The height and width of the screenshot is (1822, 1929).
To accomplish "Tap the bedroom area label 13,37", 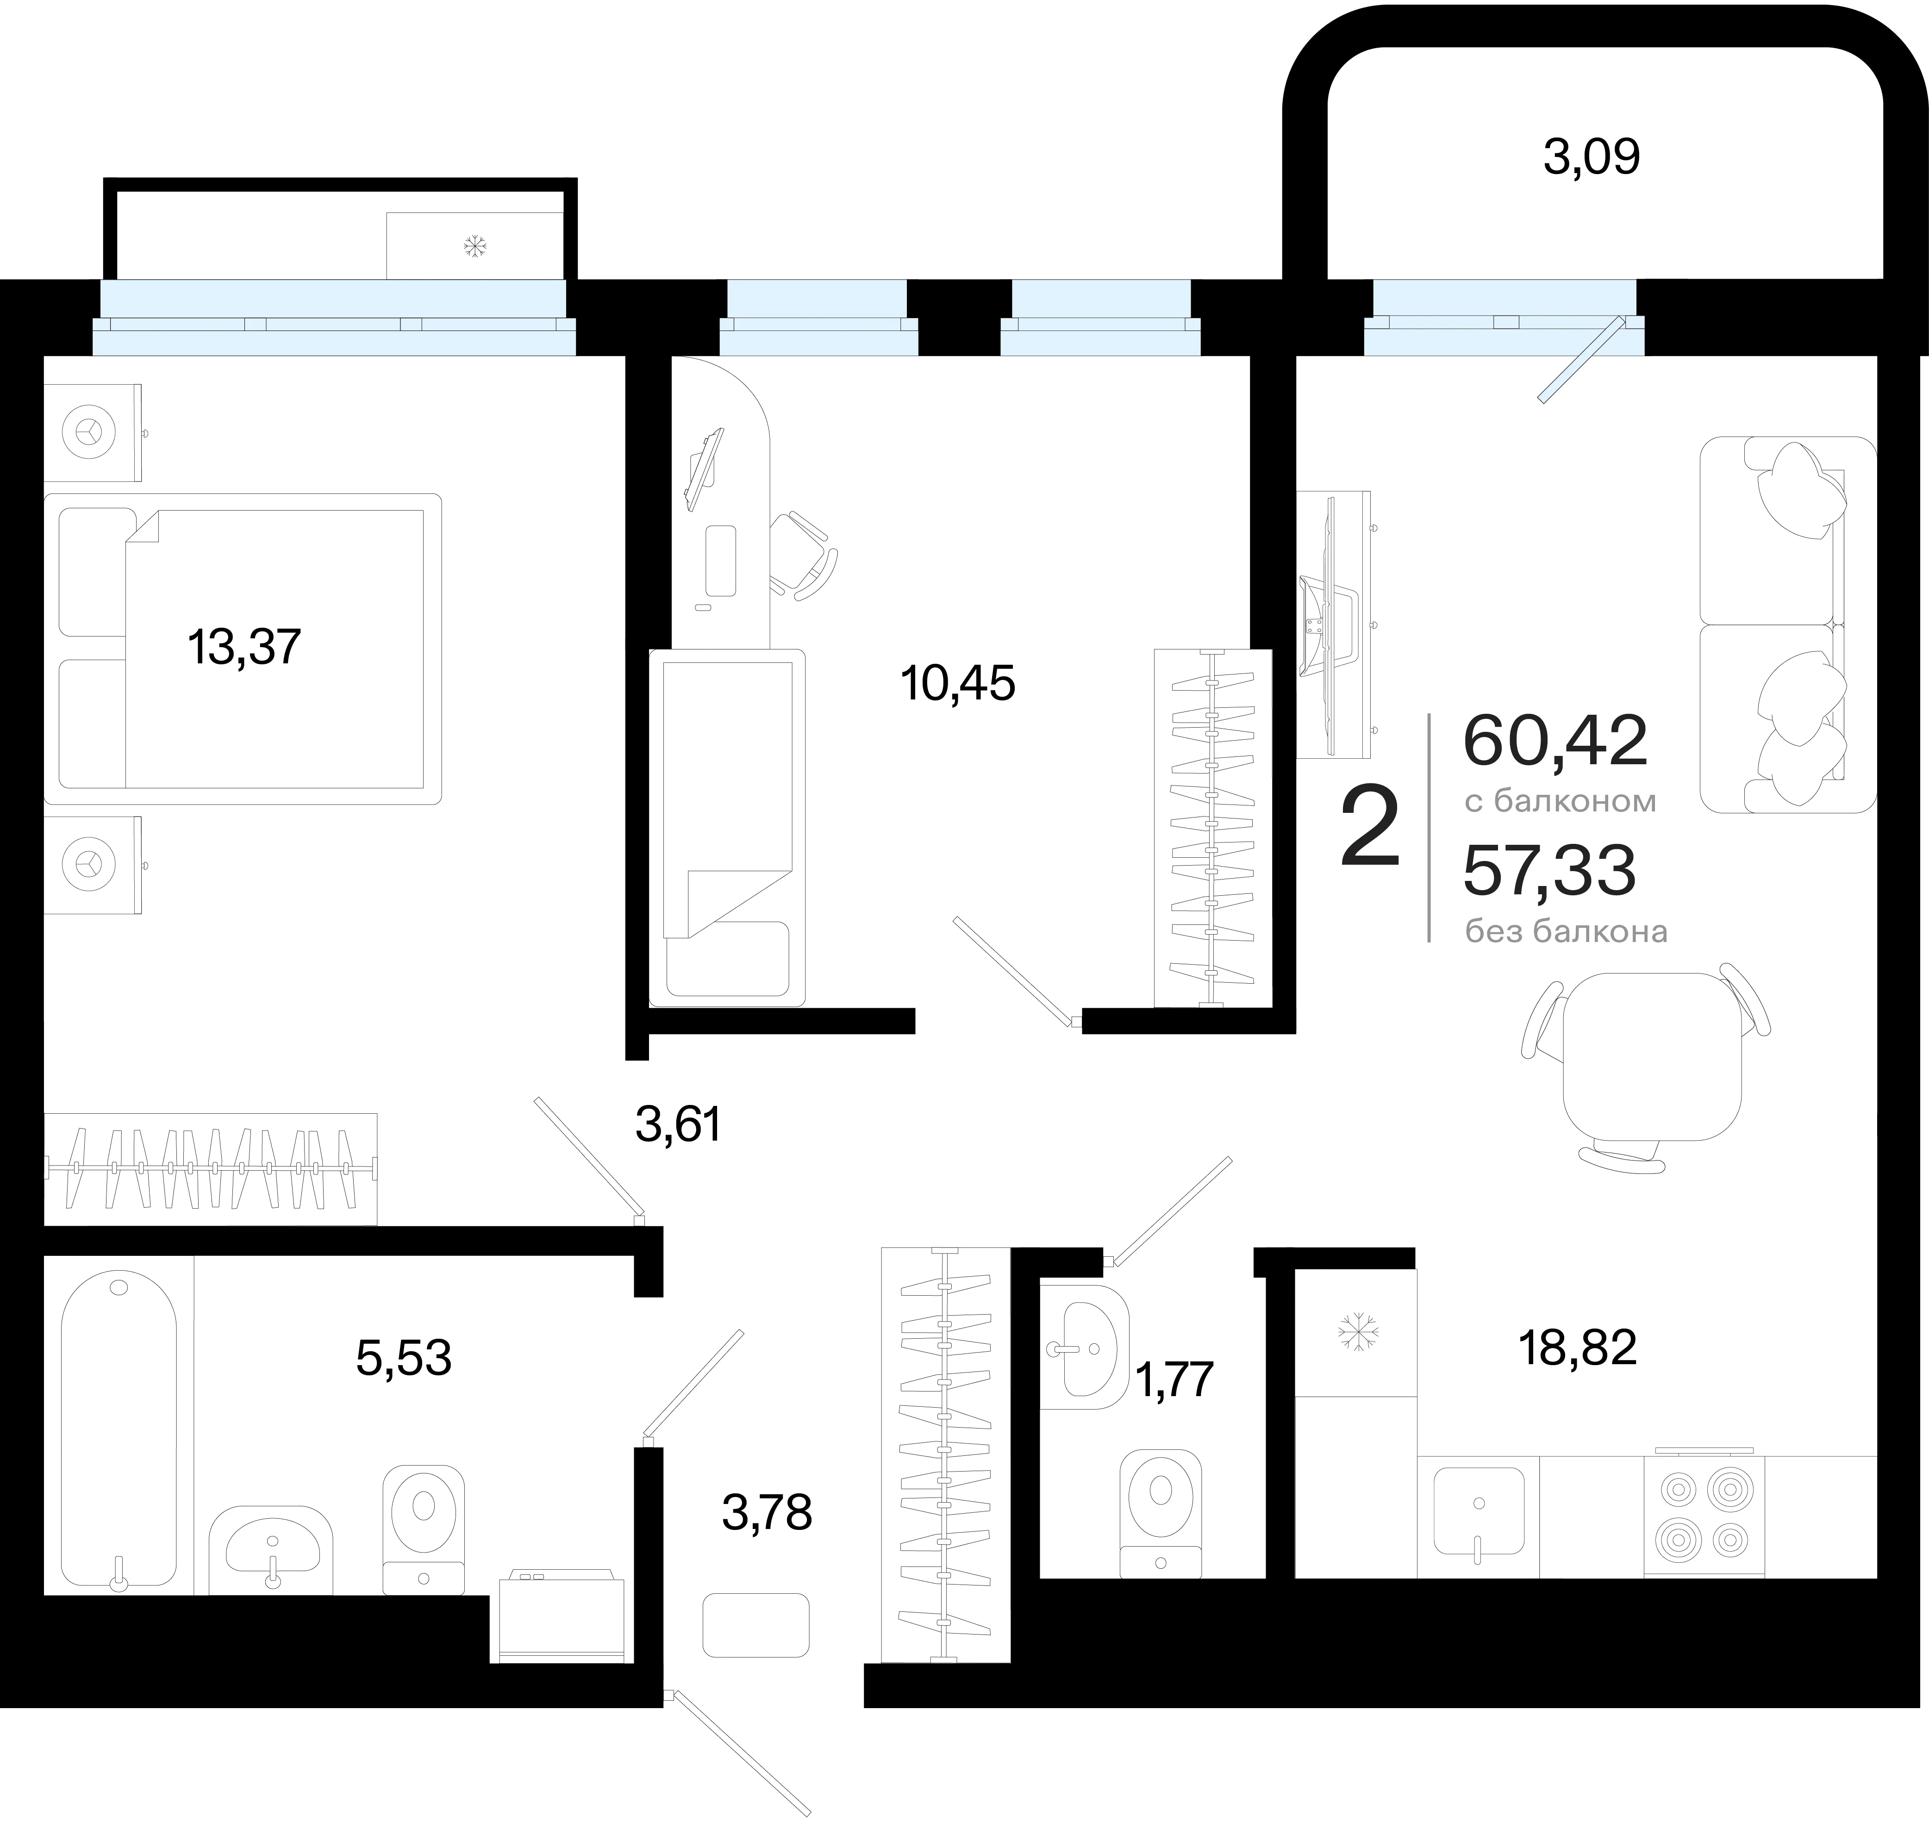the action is pyautogui.click(x=244, y=647).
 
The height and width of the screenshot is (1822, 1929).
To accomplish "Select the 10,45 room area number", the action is pyautogui.click(x=958, y=684).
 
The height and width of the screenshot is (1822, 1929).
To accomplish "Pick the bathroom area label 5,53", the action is pyautogui.click(x=403, y=1359).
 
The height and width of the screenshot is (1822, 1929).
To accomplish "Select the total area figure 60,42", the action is pyautogui.click(x=1555, y=741).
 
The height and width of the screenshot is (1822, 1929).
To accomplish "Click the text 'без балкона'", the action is pyautogui.click(x=1566, y=931).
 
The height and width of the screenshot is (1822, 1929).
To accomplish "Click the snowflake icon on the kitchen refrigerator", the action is pyautogui.click(x=1358, y=1331).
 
